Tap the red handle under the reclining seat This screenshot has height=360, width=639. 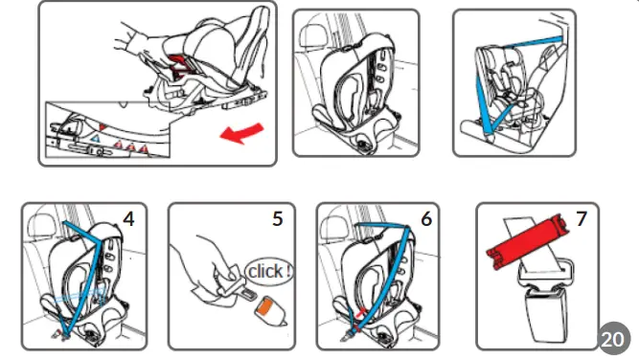point(181,66)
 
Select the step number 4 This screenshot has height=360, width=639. point(128,217)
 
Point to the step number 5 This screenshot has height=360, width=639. point(277,218)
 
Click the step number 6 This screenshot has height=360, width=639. point(425,218)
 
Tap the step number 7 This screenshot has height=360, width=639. point(581,218)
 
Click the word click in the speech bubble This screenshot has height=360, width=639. point(269,271)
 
